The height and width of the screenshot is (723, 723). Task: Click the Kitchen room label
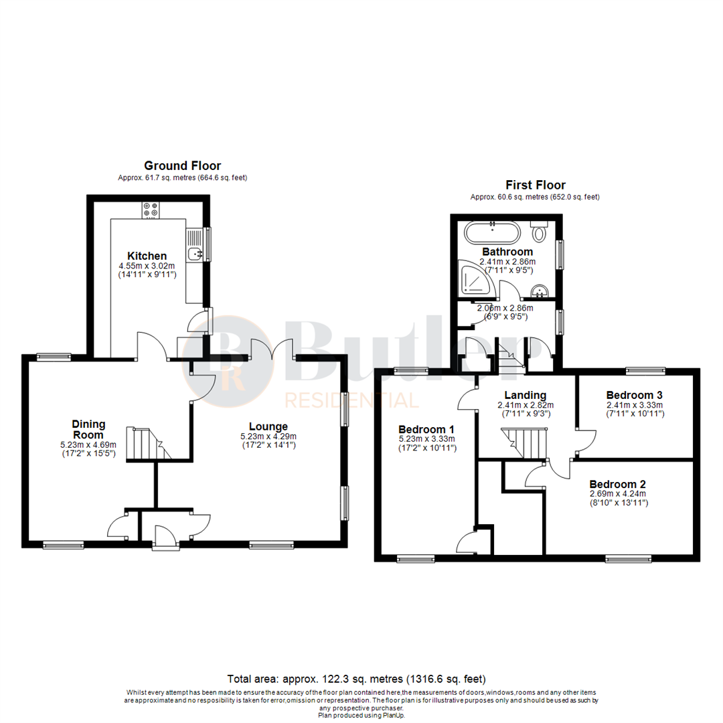point(147,256)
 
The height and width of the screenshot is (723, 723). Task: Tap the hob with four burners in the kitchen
point(151,210)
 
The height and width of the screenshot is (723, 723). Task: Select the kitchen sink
point(194,252)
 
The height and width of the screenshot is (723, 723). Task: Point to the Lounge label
point(268,426)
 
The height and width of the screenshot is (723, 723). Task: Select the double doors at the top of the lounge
point(272,351)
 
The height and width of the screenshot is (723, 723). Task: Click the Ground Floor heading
point(183,165)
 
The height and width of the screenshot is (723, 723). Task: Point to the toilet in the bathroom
point(540,233)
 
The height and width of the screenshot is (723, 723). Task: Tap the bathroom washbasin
point(540,292)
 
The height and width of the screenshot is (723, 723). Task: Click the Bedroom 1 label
point(426,429)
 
